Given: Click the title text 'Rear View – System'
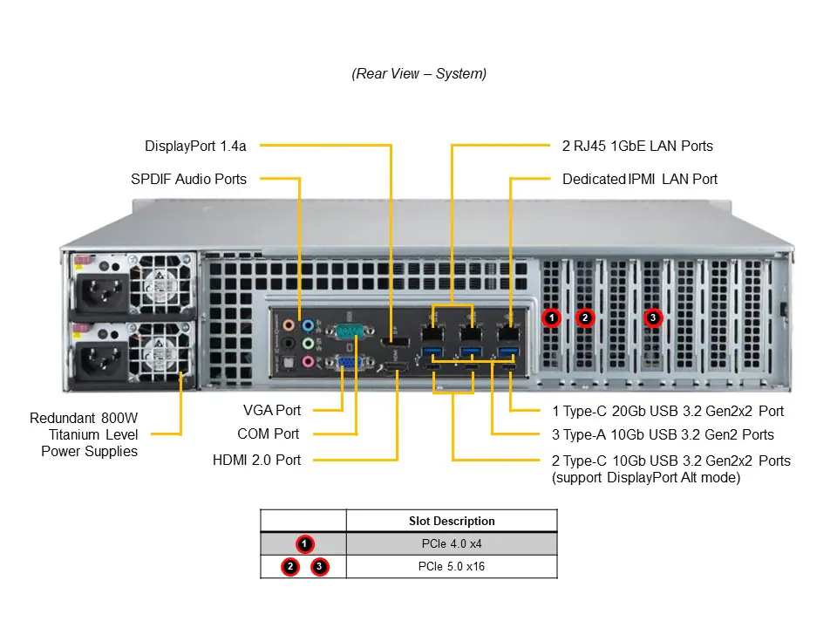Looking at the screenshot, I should (418, 74).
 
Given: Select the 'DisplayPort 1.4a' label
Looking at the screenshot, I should (195, 146).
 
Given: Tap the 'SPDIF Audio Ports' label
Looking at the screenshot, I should (188, 179).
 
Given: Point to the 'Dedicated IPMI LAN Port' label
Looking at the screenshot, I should (640, 179).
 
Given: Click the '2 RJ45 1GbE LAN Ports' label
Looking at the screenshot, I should (637, 146).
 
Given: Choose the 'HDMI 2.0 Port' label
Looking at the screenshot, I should (256, 460).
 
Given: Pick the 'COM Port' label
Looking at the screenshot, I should (268, 433).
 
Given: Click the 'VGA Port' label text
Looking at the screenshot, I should (271, 409).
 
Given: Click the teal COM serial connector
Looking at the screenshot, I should (349, 331).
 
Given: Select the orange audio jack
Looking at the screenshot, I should (289, 325).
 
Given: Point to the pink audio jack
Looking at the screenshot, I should (308, 361).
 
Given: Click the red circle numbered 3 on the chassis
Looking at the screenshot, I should (653, 318).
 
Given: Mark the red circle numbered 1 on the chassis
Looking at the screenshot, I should (551, 318).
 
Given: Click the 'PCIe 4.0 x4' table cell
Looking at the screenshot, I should (451, 543).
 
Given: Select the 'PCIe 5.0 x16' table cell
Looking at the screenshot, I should (451, 567).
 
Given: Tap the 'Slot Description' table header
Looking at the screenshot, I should (451, 521).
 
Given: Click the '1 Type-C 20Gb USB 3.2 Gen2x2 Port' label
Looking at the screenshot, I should (668, 411).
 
